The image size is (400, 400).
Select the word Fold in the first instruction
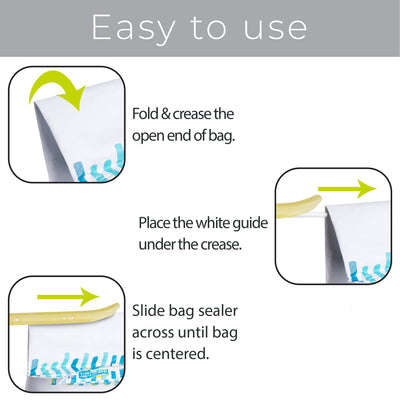[145, 114]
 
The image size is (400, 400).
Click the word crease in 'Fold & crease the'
[192, 114]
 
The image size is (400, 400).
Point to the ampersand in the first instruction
[165, 114]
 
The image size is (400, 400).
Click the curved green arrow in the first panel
[57, 88]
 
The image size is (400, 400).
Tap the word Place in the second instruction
[154, 223]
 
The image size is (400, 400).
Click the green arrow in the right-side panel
[347, 189]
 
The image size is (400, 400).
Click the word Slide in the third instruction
[149, 311]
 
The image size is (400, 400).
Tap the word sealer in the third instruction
[218, 311]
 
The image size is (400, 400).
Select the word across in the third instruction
[153, 333]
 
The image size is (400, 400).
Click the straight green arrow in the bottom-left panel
[68, 297]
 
